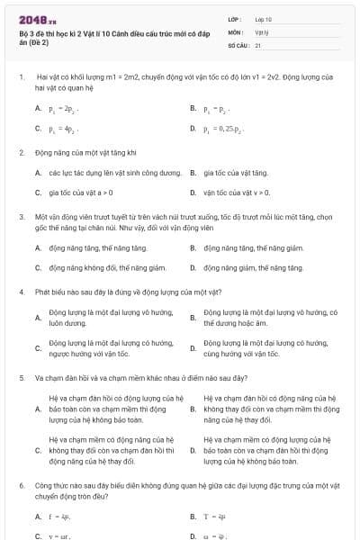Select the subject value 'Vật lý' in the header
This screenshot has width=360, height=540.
[x=261, y=31]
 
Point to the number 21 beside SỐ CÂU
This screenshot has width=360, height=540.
[x=257, y=44]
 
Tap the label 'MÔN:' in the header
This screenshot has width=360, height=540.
[x=236, y=31]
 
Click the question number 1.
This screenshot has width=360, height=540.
[x=21, y=79]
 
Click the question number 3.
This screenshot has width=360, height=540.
[x=21, y=217]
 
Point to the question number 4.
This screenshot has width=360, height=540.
[x=21, y=292]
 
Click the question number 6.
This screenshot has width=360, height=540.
[x=21, y=485]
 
